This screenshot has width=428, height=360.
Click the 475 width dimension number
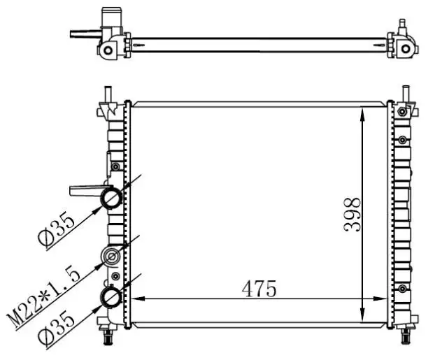pyautogui.click(x=259, y=289)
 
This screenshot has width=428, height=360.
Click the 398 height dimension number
pyautogui.click(x=352, y=215)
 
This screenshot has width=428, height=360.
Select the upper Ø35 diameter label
pyautogui.click(x=57, y=230)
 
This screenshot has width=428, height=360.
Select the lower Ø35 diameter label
pyautogui.click(x=57, y=329)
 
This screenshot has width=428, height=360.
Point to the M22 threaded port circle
pyautogui.click(x=111, y=257)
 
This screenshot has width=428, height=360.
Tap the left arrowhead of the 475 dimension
pyautogui.click(x=138, y=298)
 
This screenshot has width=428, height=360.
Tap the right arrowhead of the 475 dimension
pyautogui.click(x=380, y=298)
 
